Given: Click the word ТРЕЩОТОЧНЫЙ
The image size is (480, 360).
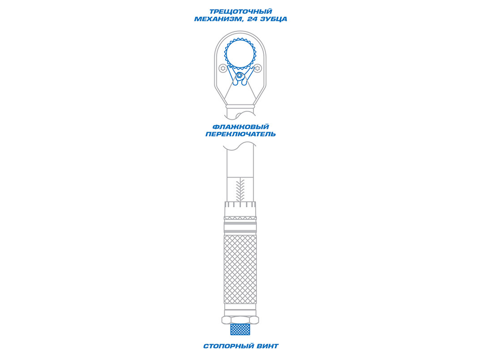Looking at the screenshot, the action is [241, 11].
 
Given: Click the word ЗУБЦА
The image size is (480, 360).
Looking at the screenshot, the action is [274, 19].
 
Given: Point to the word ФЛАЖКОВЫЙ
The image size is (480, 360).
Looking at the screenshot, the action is [240, 127].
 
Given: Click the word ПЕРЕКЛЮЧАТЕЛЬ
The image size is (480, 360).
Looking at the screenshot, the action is [240, 134].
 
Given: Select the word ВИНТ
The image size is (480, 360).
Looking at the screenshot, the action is [268, 346].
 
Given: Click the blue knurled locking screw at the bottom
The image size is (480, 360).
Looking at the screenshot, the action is [240, 329].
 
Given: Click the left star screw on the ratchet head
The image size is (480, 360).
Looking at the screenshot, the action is [223, 68].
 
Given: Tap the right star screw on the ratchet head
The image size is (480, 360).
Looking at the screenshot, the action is [258, 68].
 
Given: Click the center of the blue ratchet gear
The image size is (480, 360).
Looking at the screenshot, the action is [240, 54].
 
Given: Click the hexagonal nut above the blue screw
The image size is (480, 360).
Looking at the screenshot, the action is [240, 320].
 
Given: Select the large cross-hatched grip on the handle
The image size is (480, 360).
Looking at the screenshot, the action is [240, 269].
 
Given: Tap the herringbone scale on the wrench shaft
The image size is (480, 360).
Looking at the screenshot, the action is [240, 190].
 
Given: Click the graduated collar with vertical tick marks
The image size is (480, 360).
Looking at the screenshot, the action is [240, 209].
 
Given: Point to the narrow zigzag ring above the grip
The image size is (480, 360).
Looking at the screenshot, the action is [240, 218].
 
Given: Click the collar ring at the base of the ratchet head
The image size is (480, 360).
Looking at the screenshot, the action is [240, 106].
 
